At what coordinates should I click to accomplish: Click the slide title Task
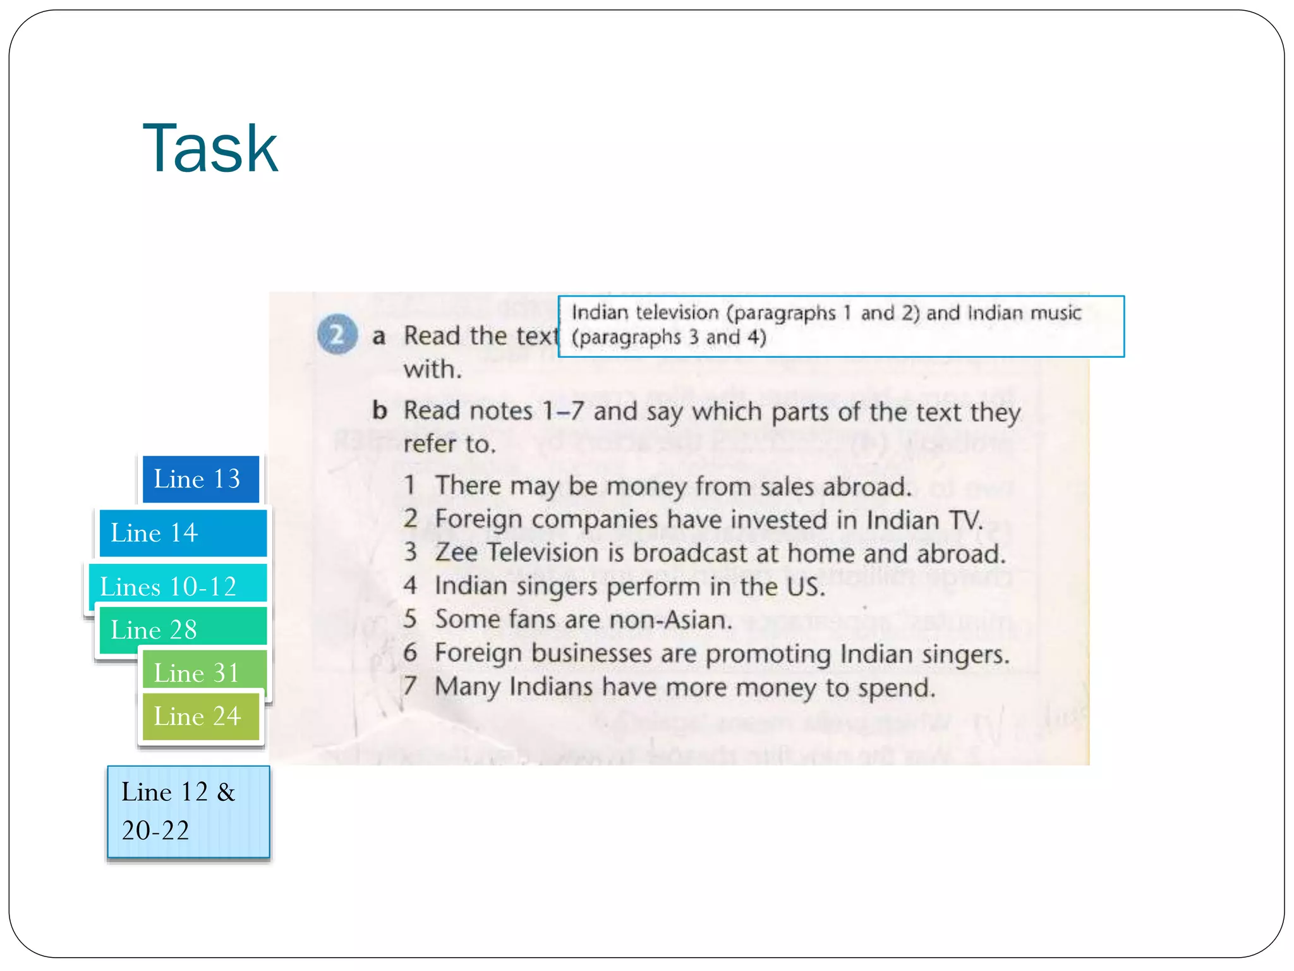[x=210, y=149]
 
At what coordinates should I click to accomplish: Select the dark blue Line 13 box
[x=200, y=479]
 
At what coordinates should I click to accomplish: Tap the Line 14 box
[x=183, y=533]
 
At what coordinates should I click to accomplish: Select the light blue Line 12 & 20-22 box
[x=188, y=812]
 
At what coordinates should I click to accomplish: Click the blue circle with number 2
[x=337, y=334]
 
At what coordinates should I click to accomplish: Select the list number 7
[x=411, y=686]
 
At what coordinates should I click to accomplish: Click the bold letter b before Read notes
[x=379, y=410]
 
